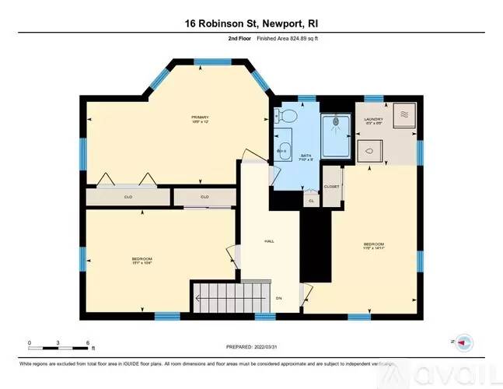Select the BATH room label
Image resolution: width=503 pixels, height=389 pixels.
[306, 156]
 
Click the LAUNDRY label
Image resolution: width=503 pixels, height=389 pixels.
[374, 118]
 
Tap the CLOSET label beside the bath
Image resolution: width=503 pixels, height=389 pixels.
[332, 187]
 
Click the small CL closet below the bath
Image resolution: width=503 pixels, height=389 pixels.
[311, 199]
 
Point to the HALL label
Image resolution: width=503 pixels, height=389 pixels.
[270, 241]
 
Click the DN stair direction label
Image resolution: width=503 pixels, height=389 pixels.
[280, 297]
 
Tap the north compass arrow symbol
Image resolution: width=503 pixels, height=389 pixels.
[463, 342]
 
